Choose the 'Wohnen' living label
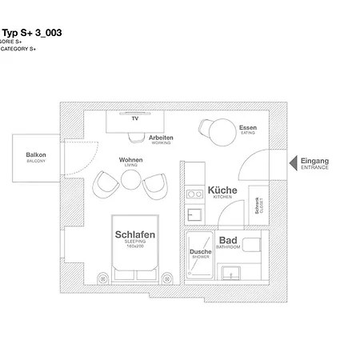pyautogui.click(x=130, y=160)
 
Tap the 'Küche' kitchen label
pyautogui.click(x=222, y=191)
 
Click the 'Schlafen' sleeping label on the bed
pyautogui.click(x=134, y=235)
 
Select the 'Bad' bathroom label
pyautogui.click(x=227, y=241)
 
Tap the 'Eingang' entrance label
pyautogui.click(x=314, y=159)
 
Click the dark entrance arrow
pyautogui.click(x=293, y=162)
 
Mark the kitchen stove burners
pyautogui.click(x=193, y=193)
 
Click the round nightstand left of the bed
pyautogui.click(x=102, y=277)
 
